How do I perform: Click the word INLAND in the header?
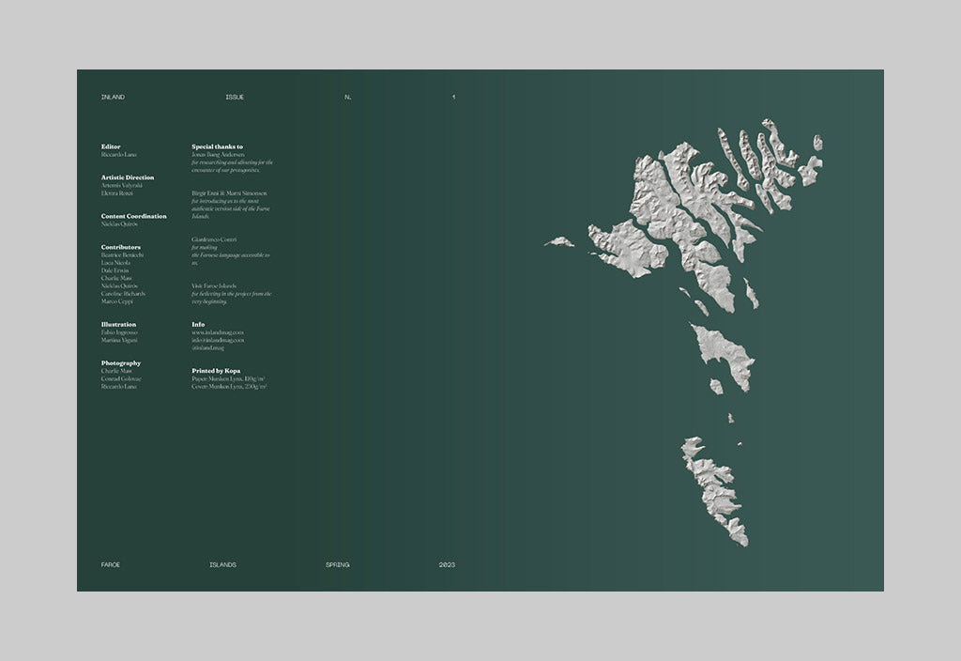pyautogui.click(x=113, y=98)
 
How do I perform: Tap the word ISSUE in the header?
pyautogui.click(x=235, y=98)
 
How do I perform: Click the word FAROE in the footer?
pyautogui.click(x=111, y=564)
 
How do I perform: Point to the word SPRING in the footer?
pyautogui.click(x=338, y=564)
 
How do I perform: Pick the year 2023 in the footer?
pyautogui.click(x=447, y=564)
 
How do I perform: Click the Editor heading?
pyautogui.click(x=111, y=146)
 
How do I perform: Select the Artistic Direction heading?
pyautogui.click(x=128, y=177)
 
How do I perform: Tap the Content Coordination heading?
pyautogui.click(x=134, y=216)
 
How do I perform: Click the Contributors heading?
pyautogui.click(x=121, y=247)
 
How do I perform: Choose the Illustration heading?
pyautogui.click(x=118, y=325)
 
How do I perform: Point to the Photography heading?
pyautogui.click(x=121, y=363)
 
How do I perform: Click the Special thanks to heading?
pyautogui.click(x=217, y=146)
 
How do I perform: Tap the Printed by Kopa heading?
pyautogui.click(x=216, y=371)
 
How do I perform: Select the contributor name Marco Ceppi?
pyautogui.click(x=117, y=301)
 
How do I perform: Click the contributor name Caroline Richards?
pyautogui.click(x=123, y=294)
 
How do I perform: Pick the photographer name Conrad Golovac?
pyautogui.click(x=121, y=378)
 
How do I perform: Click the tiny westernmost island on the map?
pyautogui.click(x=560, y=242)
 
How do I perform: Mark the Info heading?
pyautogui.click(x=198, y=325)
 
